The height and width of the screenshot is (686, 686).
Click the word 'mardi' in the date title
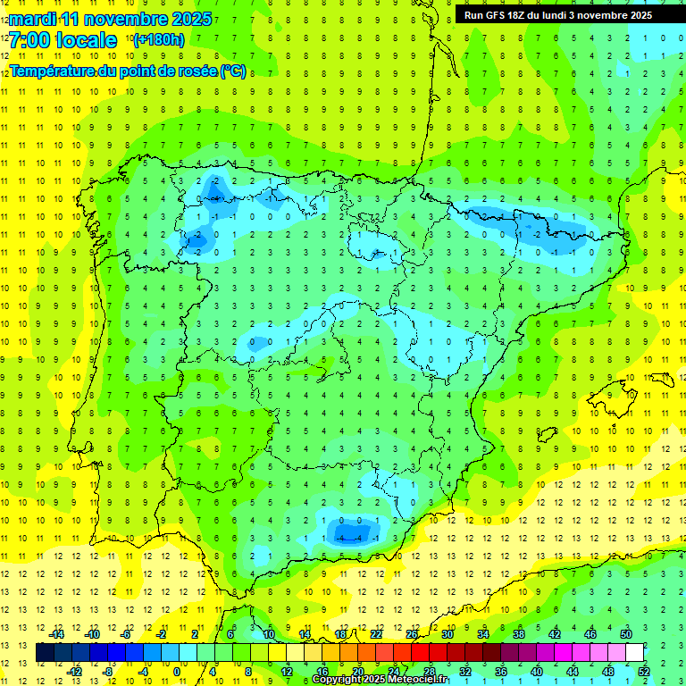click(x=32, y=19)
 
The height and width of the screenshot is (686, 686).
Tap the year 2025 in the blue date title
click(x=188, y=19)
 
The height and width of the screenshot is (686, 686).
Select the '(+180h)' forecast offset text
click(x=158, y=39)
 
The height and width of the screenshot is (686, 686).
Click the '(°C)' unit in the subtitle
click(x=232, y=71)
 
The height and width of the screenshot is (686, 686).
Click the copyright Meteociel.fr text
click(x=379, y=680)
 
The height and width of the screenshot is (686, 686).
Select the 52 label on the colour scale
click(x=644, y=672)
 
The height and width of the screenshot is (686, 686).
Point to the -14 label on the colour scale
click(x=56, y=634)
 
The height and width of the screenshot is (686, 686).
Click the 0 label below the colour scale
click(x=176, y=672)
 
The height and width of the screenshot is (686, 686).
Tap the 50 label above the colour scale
click(x=626, y=634)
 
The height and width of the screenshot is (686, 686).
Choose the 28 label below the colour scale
click(x=429, y=672)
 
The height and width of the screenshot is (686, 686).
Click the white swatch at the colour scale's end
click(x=635, y=653)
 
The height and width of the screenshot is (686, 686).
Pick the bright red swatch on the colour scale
click(x=420, y=653)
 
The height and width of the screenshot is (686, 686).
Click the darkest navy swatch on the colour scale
click(x=45, y=653)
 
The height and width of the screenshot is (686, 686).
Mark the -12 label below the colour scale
click(x=74, y=672)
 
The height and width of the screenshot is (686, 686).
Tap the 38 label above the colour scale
click(x=518, y=634)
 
